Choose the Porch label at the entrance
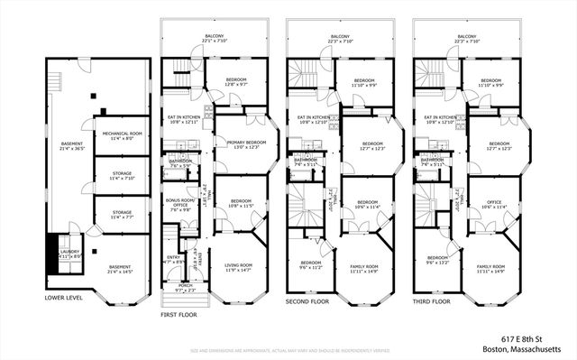[x=186, y=288]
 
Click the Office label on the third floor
[x=491, y=204]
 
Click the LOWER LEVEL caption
[x=64, y=296]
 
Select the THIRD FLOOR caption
[x=433, y=300]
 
